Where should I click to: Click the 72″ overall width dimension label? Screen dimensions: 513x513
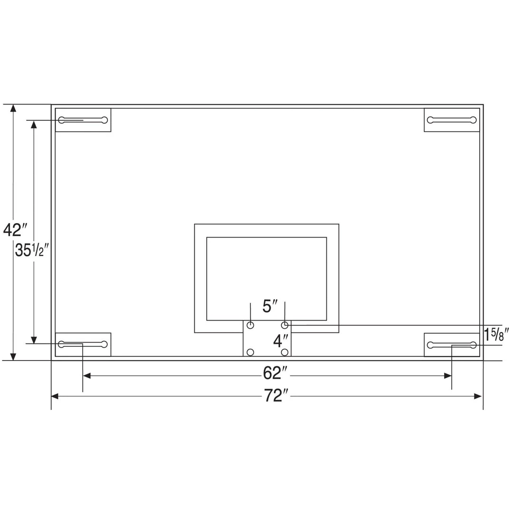coord(274,396)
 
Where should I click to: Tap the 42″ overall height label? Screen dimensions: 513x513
coord(13,230)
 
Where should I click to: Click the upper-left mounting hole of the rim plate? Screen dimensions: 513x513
coord(251,325)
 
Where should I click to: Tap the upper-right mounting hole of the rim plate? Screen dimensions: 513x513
coord(285,325)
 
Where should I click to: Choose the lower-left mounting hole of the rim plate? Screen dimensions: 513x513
coord(251,352)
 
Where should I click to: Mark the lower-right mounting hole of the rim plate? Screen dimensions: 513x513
coord(285,352)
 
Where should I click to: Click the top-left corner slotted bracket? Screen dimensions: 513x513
coord(83,120)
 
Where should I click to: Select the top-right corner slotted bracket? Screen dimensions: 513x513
coord(451,120)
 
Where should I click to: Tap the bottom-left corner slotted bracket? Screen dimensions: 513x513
coord(83,344)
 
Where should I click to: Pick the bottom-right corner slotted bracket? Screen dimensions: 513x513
coord(451,345)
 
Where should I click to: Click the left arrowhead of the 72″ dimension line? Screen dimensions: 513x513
coord(55,396)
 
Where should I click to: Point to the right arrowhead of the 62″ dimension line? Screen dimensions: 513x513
coord(447,376)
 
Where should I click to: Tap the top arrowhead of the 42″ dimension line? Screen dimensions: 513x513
coord(13,109)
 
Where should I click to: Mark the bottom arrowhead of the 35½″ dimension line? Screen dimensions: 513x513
coord(34,340)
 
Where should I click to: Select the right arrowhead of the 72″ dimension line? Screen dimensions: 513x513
coord(478,396)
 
